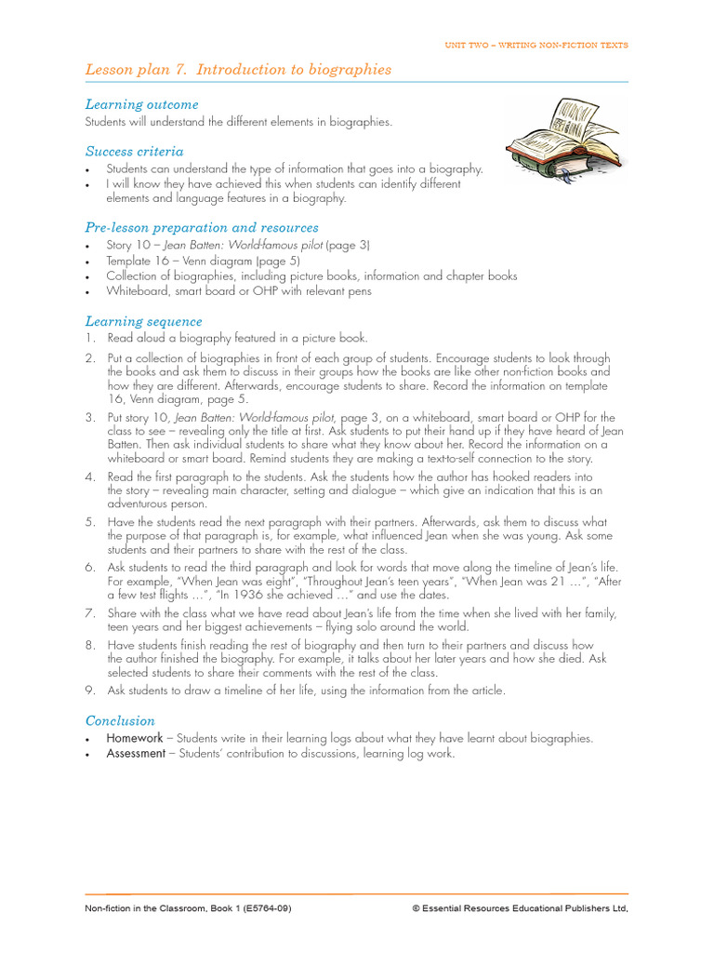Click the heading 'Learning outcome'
click(x=141, y=104)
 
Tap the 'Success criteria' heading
click(x=134, y=151)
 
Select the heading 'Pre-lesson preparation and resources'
click(x=202, y=227)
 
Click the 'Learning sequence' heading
click(x=143, y=321)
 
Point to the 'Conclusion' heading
click(x=120, y=720)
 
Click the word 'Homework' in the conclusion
click(x=135, y=738)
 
